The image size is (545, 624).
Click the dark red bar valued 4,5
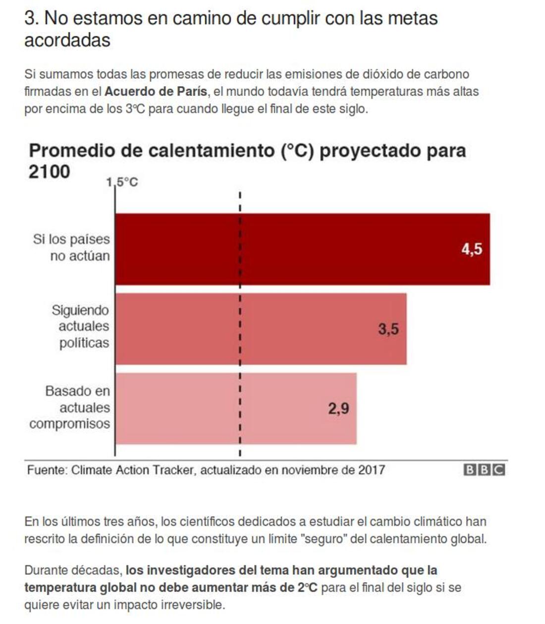(302, 249)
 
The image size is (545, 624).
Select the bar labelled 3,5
(261, 329)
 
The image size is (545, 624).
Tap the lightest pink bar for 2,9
(236, 409)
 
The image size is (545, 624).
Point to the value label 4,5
(472, 249)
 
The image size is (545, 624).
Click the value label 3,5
(388, 329)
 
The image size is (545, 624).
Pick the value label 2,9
(338, 409)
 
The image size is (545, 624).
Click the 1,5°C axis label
(122, 182)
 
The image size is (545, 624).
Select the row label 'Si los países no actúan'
(72, 248)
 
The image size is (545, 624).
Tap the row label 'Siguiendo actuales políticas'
(80, 326)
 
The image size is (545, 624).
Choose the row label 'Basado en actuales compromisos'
(70, 407)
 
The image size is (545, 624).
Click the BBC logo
(484, 470)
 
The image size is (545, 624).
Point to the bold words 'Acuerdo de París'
(156, 92)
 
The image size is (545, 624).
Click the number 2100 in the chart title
(50, 172)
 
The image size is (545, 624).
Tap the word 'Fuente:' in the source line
(47, 470)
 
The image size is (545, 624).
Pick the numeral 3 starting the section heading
(30, 18)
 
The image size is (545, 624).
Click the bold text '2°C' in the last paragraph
(307, 588)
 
